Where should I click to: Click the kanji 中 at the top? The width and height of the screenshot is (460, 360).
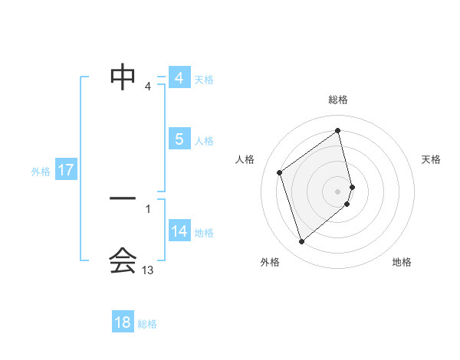point(123,76)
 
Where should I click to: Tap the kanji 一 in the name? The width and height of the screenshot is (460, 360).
point(123,199)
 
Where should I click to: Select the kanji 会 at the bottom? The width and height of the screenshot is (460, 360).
point(123,260)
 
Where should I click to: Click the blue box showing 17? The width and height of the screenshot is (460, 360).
point(66,170)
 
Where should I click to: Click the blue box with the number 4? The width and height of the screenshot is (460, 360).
point(179,78)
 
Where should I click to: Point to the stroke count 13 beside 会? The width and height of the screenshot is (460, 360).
point(148,270)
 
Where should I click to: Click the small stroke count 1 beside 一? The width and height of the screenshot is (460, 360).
point(148,208)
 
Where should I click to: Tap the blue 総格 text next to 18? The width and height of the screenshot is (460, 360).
point(147,324)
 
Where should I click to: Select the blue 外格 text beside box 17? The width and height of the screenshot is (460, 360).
point(41,172)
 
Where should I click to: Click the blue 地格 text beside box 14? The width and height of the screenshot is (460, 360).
point(204,233)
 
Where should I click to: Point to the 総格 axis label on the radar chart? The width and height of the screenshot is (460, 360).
point(338,100)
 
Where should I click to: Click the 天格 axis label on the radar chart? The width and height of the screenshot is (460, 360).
point(432,159)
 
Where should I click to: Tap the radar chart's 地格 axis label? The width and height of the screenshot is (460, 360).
point(402,262)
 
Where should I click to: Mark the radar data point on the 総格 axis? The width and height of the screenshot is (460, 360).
point(338,131)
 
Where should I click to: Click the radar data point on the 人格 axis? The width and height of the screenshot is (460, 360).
point(280,172)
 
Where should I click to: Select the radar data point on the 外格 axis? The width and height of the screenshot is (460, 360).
point(301,242)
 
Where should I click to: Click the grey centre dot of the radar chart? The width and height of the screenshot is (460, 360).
point(338,191)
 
